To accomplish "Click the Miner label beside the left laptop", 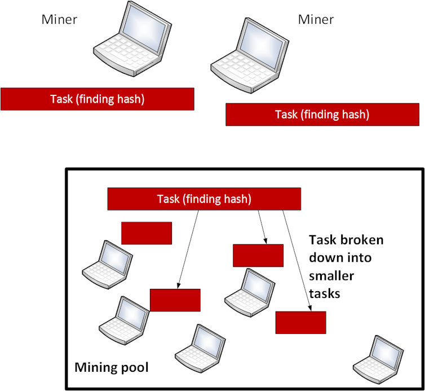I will click(x=59, y=20).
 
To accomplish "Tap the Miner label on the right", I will click(x=316, y=20).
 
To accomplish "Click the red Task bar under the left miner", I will click(x=98, y=99).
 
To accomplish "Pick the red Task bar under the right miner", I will click(x=322, y=115).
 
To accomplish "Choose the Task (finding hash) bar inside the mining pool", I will click(x=204, y=199).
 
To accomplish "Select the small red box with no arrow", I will click(x=147, y=233).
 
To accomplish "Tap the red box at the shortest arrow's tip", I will click(x=258, y=255).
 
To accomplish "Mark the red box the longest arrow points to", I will click(x=300, y=322).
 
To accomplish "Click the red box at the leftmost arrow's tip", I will click(x=175, y=300).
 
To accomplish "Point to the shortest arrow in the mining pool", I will click(x=262, y=226).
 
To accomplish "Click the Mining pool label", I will click(x=112, y=368).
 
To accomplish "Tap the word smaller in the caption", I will click(x=331, y=277).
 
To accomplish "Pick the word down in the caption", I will click(x=323, y=258).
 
